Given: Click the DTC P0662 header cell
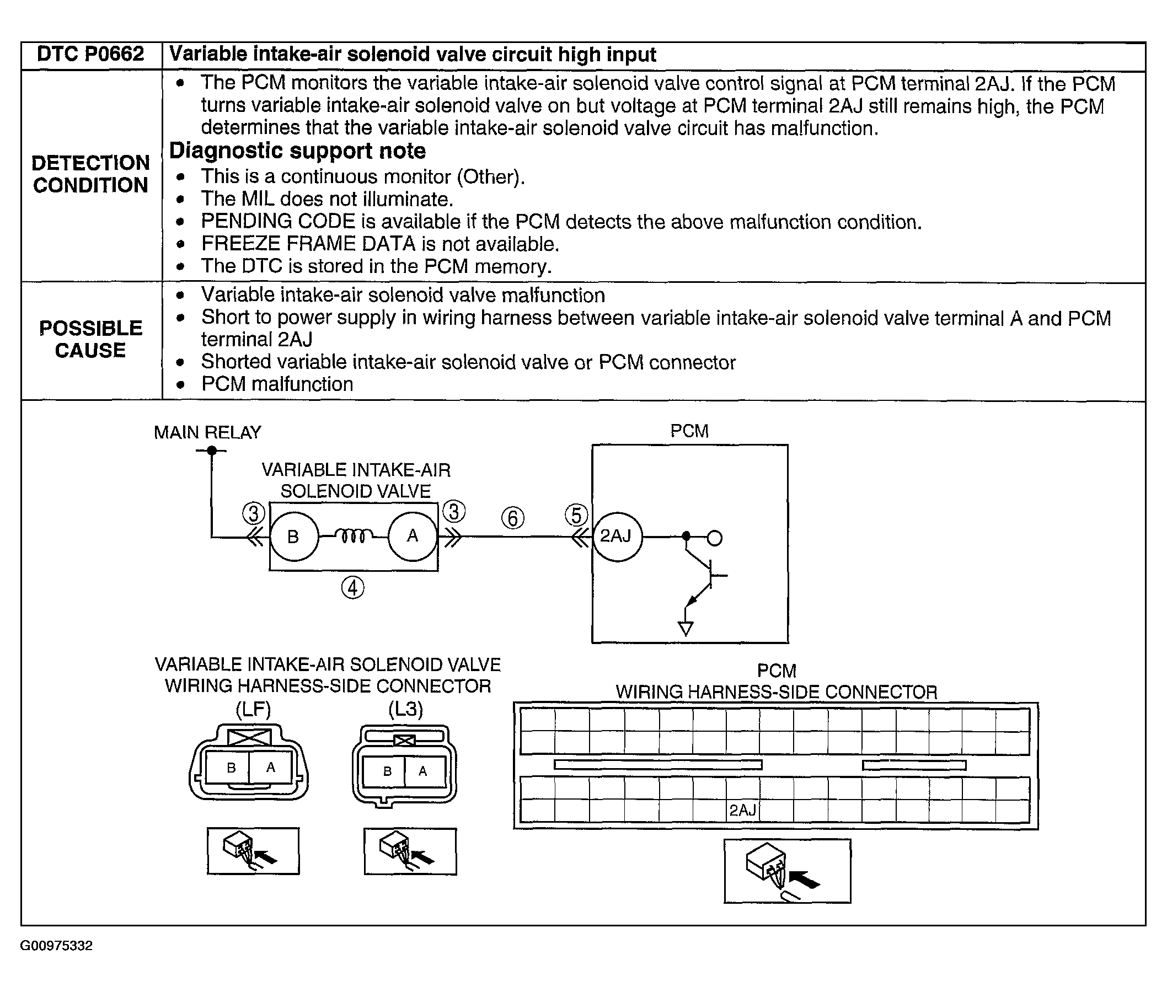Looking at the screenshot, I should (90, 55).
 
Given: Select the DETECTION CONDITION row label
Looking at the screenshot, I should (90, 174).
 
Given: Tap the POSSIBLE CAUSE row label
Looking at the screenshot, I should (90, 339).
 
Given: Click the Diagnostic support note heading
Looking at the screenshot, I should (297, 151).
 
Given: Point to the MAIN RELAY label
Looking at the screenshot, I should (207, 432).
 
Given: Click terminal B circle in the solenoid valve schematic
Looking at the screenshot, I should (293, 537).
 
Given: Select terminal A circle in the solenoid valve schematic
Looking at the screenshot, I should (412, 537).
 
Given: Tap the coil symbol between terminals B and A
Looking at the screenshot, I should (352, 537).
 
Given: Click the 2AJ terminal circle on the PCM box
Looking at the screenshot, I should (617, 537).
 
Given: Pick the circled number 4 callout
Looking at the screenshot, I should (352, 588).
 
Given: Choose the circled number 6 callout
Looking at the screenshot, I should (512, 518).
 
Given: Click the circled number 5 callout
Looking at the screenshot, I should (576, 515).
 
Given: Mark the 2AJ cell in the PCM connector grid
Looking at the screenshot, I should (742, 811).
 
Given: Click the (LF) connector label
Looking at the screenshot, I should (253, 709).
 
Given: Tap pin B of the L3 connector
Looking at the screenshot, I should (387, 771).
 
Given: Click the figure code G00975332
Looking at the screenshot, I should (56, 946).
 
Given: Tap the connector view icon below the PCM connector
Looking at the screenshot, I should (787, 871).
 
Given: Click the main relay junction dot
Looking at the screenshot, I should (211, 451).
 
